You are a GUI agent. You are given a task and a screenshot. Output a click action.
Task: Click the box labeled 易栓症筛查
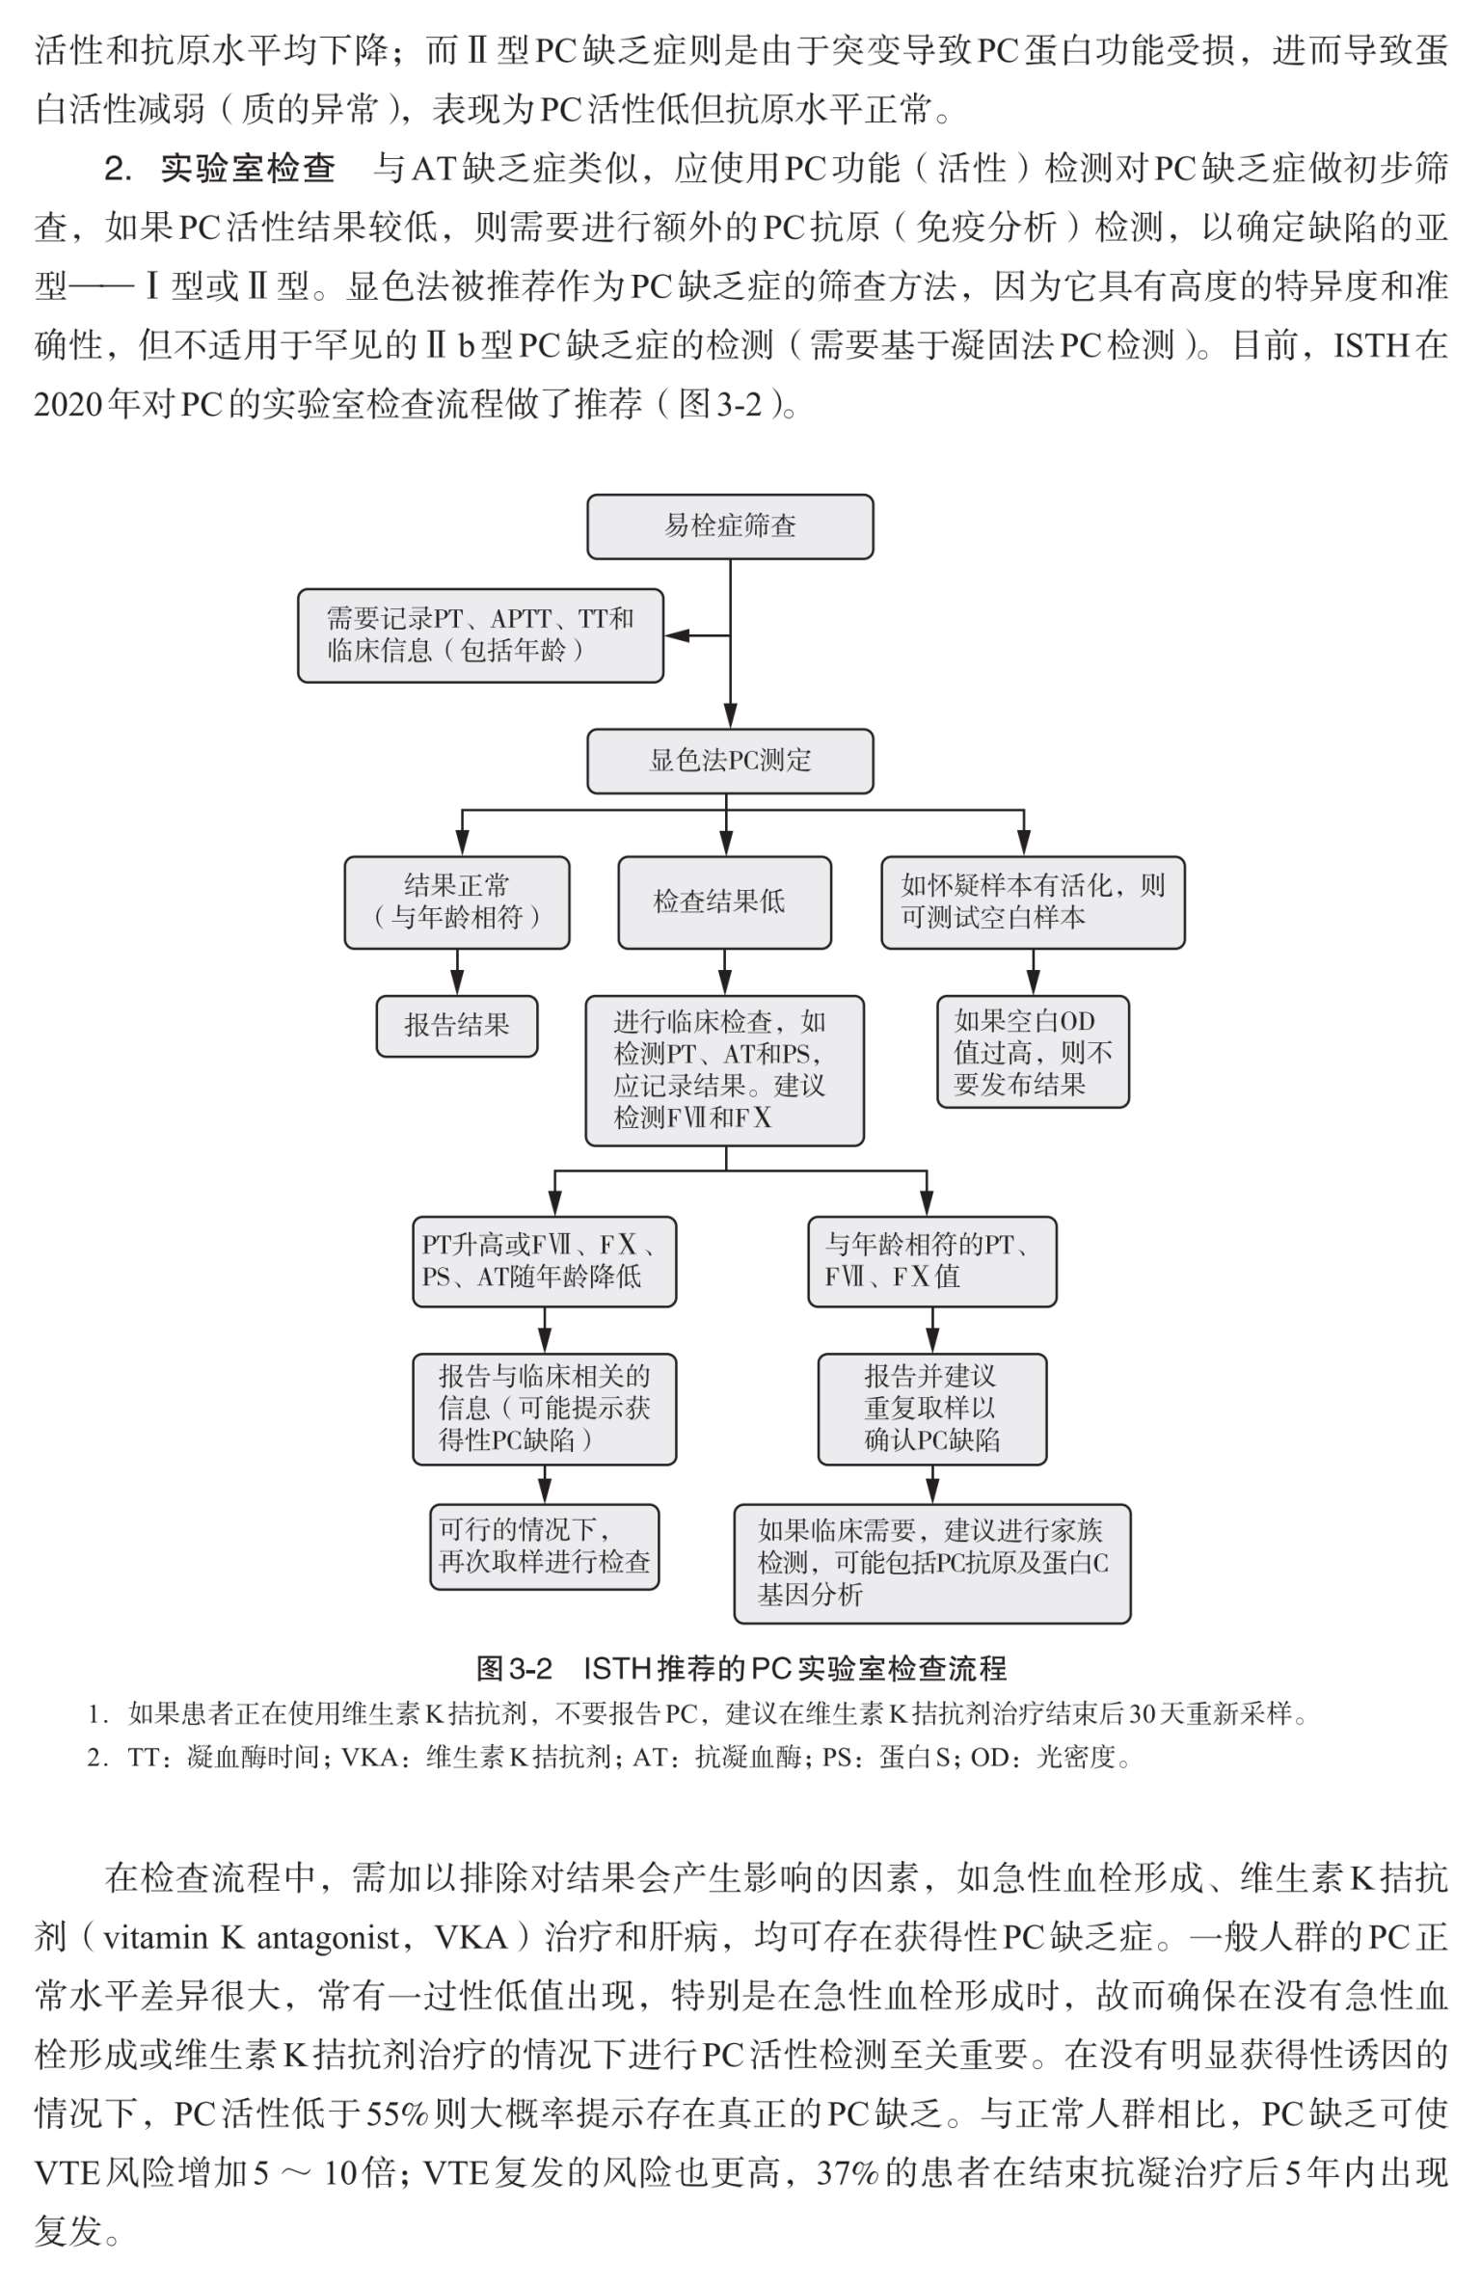730,526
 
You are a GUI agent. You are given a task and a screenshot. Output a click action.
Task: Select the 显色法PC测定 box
730,761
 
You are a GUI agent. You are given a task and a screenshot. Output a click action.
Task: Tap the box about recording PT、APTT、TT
480,635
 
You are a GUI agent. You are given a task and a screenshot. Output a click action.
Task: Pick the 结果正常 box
457,902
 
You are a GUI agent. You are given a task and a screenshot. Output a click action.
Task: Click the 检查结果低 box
724,902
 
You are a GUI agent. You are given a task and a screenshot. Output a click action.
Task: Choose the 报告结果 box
457,1026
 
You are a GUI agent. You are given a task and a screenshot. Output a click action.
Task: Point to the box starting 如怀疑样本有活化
1033,902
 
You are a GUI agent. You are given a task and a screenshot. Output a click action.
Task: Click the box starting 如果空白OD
1033,1052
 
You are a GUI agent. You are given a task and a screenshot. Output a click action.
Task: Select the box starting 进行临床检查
724,1070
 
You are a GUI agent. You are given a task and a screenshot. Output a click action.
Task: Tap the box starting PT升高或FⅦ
545,1261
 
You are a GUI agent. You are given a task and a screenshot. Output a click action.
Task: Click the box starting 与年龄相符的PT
932,1261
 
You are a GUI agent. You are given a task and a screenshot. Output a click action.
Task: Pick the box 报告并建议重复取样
932,1409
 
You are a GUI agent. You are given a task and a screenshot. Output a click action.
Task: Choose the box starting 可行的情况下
545,1547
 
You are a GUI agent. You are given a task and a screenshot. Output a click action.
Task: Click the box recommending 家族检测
932,1563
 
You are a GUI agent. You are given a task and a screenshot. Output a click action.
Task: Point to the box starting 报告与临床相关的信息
545,1409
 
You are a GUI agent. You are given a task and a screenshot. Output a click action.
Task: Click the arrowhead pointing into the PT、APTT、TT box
677,635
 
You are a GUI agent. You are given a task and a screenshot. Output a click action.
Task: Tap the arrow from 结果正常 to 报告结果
457,972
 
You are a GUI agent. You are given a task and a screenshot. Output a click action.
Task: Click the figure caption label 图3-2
515,1668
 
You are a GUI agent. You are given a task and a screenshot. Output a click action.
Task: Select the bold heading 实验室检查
248,169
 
